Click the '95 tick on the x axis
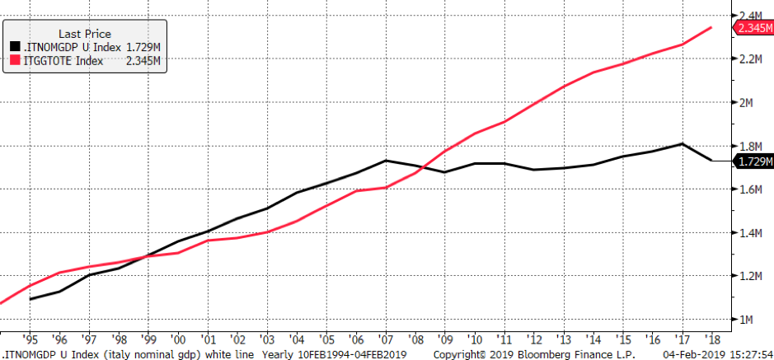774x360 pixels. pyautogui.click(x=31, y=338)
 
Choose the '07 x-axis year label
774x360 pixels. pyautogui.click(x=386, y=338)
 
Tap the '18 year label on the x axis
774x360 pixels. pyautogui.click(x=711, y=338)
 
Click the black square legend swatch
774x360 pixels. pyautogui.click(x=15, y=48)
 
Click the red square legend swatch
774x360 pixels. pyautogui.click(x=15, y=60)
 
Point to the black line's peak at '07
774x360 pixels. pyautogui.click(x=386, y=161)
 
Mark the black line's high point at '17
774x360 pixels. pyautogui.click(x=682, y=144)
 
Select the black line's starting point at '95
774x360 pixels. pyautogui.click(x=31, y=298)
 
